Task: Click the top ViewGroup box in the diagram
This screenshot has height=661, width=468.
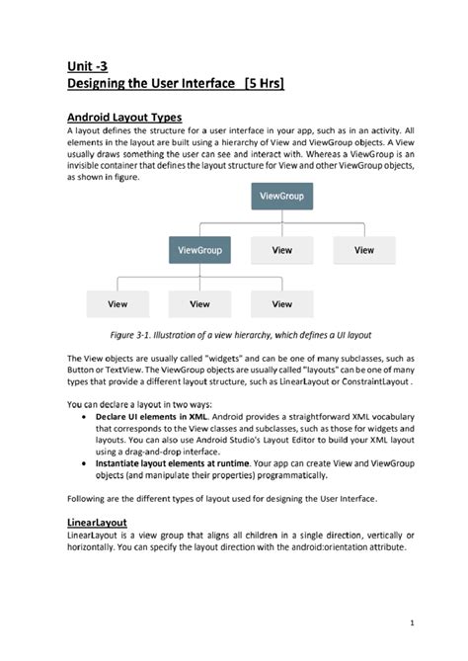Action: click(x=280, y=197)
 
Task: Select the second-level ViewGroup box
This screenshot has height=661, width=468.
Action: click(x=199, y=250)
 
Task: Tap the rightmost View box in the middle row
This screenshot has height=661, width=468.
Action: click(x=363, y=250)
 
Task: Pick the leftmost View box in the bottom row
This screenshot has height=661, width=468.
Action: click(x=117, y=303)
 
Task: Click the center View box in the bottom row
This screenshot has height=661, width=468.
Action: click(x=199, y=303)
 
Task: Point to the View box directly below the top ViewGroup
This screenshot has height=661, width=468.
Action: click(x=281, y=250)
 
